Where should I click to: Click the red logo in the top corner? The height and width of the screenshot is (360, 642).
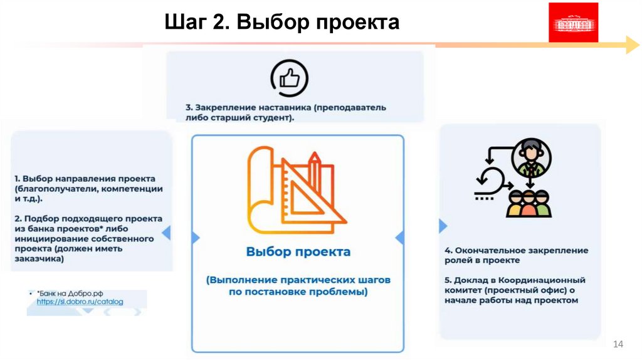[x=573, y=23]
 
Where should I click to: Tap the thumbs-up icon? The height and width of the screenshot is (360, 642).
[x=289, y=78]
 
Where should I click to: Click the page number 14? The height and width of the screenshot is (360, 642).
[x=618, y=344]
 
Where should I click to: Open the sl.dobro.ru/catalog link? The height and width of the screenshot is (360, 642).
[x=80, y=302]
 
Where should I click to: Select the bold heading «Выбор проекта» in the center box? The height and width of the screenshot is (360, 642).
[x=298, y=251]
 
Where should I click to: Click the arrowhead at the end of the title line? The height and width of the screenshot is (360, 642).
[x=632, y=45]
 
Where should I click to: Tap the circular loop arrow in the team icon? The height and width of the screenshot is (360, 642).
[x=491, y=179]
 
